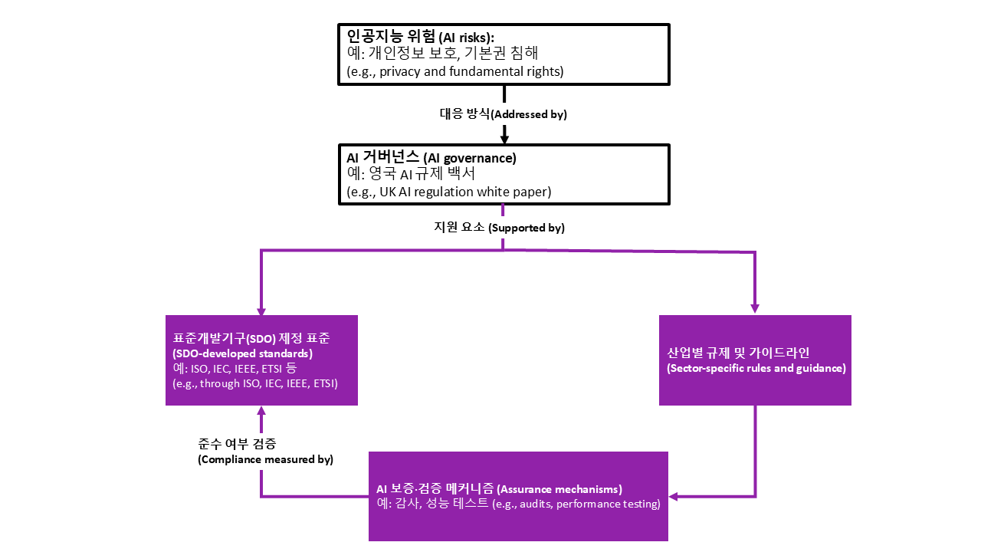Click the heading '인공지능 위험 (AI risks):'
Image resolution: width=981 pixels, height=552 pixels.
click(x=420, y=36)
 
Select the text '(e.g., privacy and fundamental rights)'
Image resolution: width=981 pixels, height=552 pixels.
click(x=455, y=72)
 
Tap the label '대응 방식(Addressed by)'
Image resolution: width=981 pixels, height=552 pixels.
click(x=503, y=113)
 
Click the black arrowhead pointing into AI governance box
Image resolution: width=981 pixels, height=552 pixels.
click(x=504, y=139)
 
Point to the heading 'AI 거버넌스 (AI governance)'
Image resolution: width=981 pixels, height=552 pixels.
click(x=431, y=158)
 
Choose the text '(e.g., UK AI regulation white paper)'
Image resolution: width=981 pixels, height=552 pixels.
click(x=448, y=192)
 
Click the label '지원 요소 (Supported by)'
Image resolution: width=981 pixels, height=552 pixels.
click(x=499, y=228)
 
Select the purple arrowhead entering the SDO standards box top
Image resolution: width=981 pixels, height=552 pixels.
click(x=261, y=310)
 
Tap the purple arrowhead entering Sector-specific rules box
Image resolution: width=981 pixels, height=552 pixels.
click(x=755, y=308)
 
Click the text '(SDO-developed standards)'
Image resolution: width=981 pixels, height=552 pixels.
click(x=242, y=353)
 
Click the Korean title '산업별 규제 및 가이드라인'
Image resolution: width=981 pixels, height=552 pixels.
click(x=738, y=353)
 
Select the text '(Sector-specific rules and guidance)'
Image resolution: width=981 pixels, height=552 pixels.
click(x=756, y=368)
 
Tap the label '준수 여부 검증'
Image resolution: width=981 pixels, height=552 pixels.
click(x=237, y=444)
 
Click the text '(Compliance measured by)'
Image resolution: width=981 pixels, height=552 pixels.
click(x=265, y=459)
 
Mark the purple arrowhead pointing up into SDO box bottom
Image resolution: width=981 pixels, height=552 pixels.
click(x=261, y=411)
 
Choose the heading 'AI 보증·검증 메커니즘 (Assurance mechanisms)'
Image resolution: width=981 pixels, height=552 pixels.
click(x=499, y=488)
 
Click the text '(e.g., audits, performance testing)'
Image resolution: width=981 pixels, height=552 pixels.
click(x=576, y=504)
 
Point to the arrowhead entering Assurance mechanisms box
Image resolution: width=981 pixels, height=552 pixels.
click(x=674, y=496)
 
